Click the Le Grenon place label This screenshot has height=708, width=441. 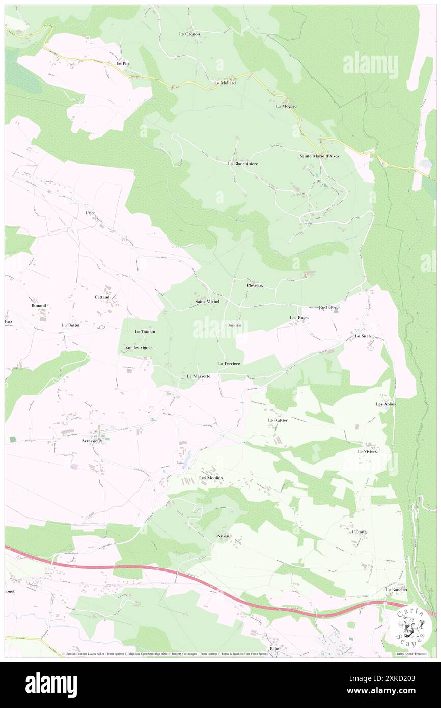(x=189, y=34)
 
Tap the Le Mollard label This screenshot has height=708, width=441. (x=225, y=83)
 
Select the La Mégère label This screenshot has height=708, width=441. (x=286, y=106)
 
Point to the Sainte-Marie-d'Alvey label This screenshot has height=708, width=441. (x=319, y=156)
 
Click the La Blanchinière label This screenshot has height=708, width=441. (x=242, y=164)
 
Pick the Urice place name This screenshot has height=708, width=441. (x=90, y=213)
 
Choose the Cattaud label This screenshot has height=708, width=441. (x=102, y=297)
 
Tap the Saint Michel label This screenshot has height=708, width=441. (x=208, y=302)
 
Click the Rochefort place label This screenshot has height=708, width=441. (x=328, y=308)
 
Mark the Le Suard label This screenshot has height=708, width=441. (x=364, y=336)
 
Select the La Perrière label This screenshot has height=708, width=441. (x=229, y=363)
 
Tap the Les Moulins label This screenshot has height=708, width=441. (x=211, y=478)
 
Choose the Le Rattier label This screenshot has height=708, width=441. (x=278, y=420)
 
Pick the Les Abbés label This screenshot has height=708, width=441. (x=385, y=404)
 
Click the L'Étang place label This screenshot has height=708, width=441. (x=359, y=532)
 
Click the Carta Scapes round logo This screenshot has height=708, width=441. (x=409, y=625)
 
